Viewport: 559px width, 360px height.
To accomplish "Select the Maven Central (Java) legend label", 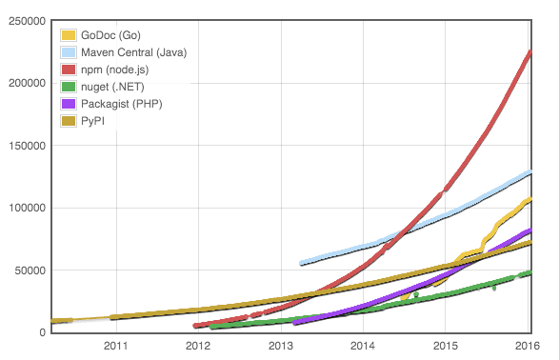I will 133,52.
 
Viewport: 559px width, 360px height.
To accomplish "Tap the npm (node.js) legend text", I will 115,70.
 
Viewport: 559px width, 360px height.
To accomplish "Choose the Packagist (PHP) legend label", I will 121,104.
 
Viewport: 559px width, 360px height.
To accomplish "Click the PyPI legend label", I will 93,121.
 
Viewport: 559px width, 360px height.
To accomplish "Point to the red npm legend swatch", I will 69,70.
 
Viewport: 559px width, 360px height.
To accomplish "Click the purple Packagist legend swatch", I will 69,104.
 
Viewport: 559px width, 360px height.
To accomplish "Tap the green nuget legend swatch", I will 69,87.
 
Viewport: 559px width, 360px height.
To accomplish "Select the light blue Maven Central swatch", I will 69,52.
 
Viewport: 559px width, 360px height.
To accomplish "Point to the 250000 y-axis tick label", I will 24,21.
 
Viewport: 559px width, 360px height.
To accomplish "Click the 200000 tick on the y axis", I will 24,84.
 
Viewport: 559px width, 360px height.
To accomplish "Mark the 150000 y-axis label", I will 24,146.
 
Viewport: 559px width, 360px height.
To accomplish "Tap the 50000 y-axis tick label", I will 27,270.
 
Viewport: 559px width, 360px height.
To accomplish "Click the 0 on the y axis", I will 41,332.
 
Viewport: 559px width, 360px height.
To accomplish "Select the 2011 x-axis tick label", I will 115,345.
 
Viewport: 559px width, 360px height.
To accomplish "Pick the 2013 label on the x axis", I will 281,345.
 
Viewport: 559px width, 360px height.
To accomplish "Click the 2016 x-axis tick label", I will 529,345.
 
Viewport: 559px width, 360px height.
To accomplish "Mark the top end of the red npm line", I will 530,51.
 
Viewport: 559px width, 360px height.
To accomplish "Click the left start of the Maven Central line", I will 301,263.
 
